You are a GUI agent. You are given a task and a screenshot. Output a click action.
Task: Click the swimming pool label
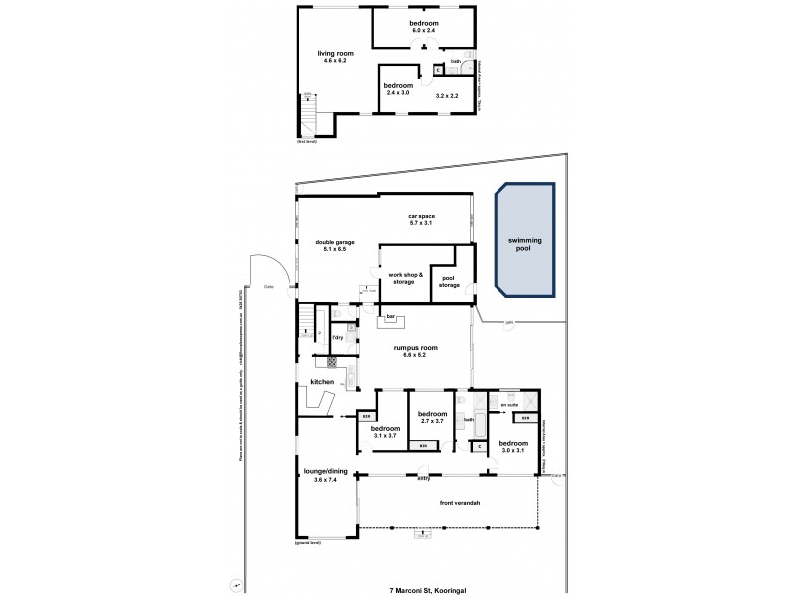tap(524, 247)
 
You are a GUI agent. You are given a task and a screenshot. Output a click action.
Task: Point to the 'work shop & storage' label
tap(406, 278)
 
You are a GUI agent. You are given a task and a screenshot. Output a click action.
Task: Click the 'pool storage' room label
tap(450, 282)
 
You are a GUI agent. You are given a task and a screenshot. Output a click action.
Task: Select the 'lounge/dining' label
tap(324, 474)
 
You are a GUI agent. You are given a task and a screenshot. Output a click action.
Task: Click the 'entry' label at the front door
tap(422, 477)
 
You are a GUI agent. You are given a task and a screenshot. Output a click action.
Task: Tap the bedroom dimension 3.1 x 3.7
tap(386, 436)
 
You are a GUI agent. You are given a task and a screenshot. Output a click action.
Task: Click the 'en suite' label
tap(510, 406)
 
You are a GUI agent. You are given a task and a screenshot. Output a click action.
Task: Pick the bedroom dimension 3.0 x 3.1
tap(513, 449)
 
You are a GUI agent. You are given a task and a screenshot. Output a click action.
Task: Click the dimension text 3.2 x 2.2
tap(447, 96)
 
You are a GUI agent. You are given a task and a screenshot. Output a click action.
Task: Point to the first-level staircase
tap(311, 115)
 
